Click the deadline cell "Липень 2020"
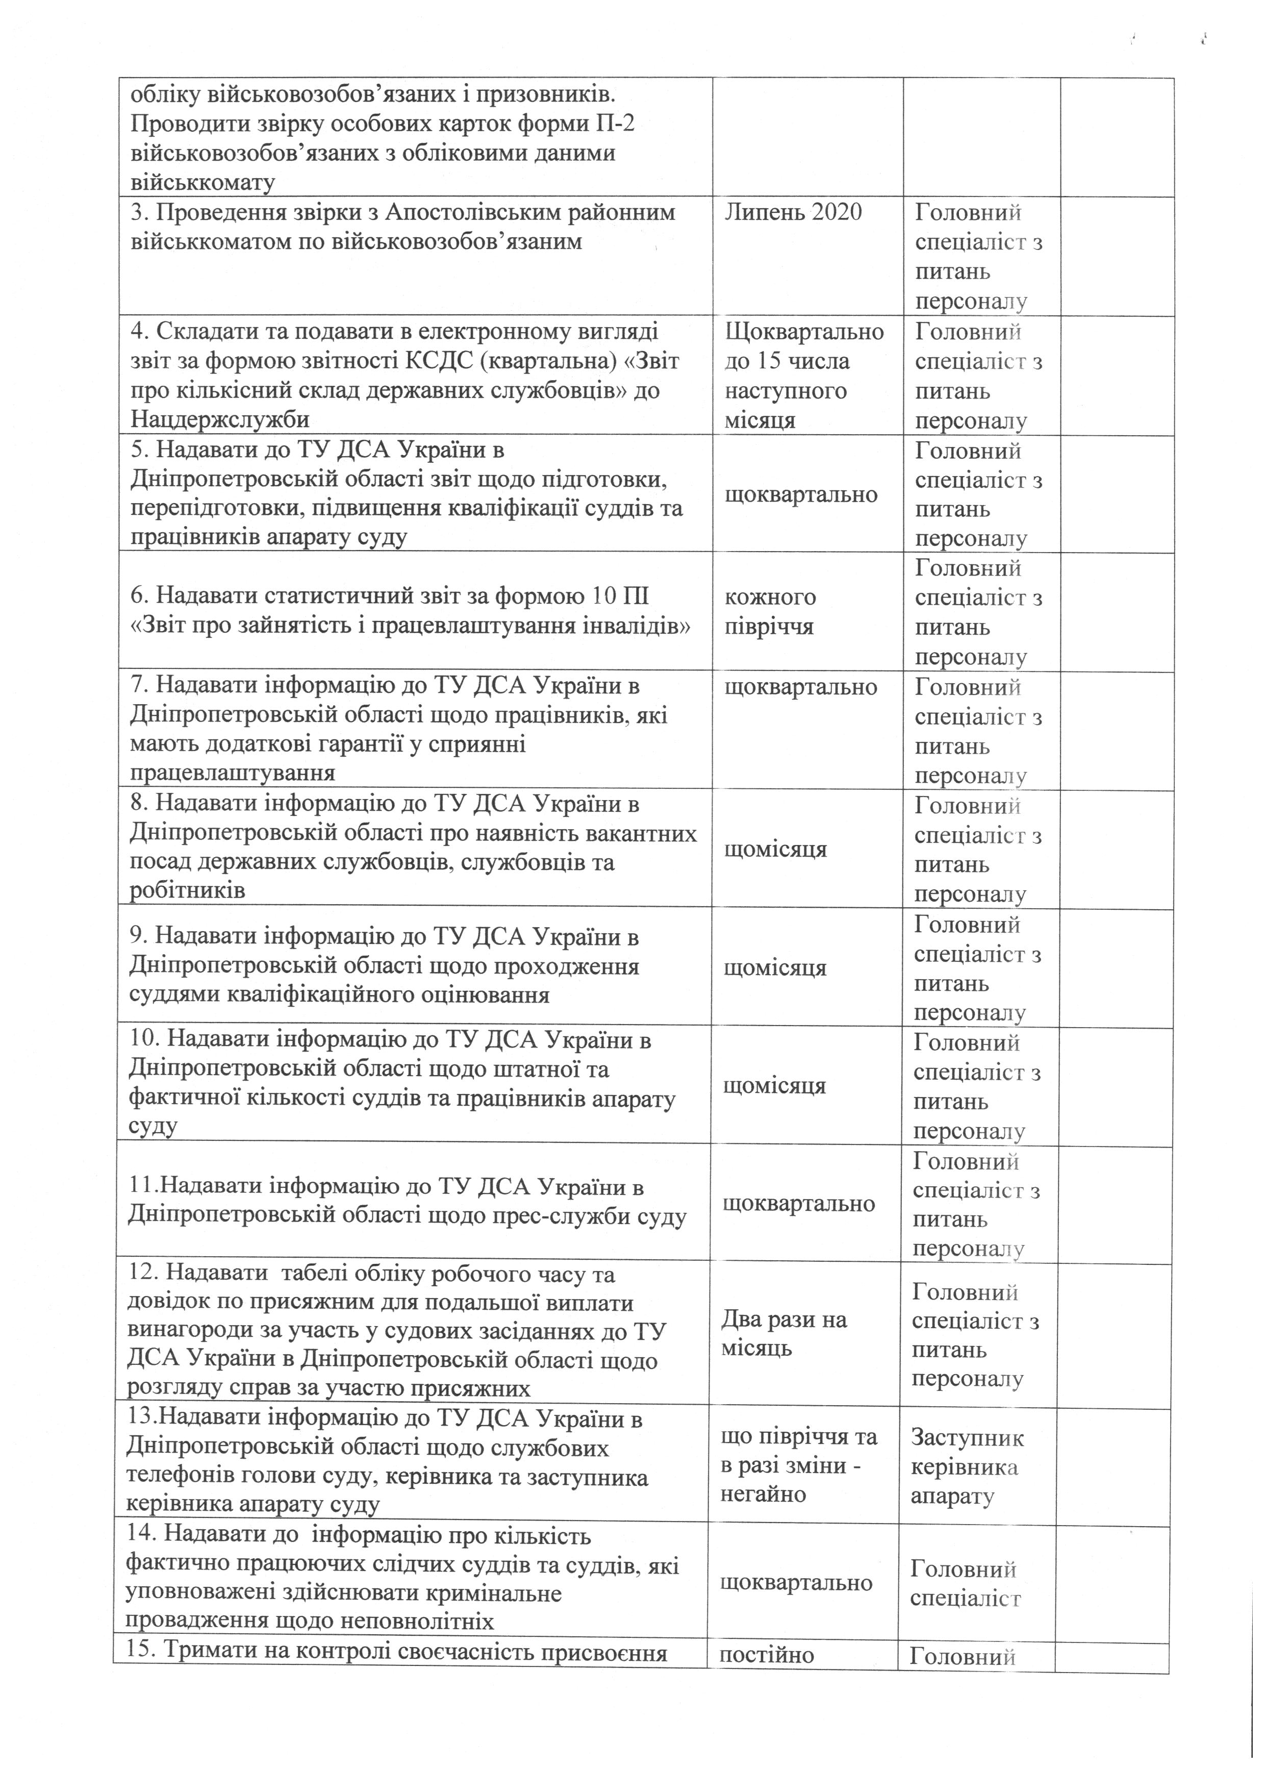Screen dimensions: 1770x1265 793,213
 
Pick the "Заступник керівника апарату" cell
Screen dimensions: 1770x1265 966,1467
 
